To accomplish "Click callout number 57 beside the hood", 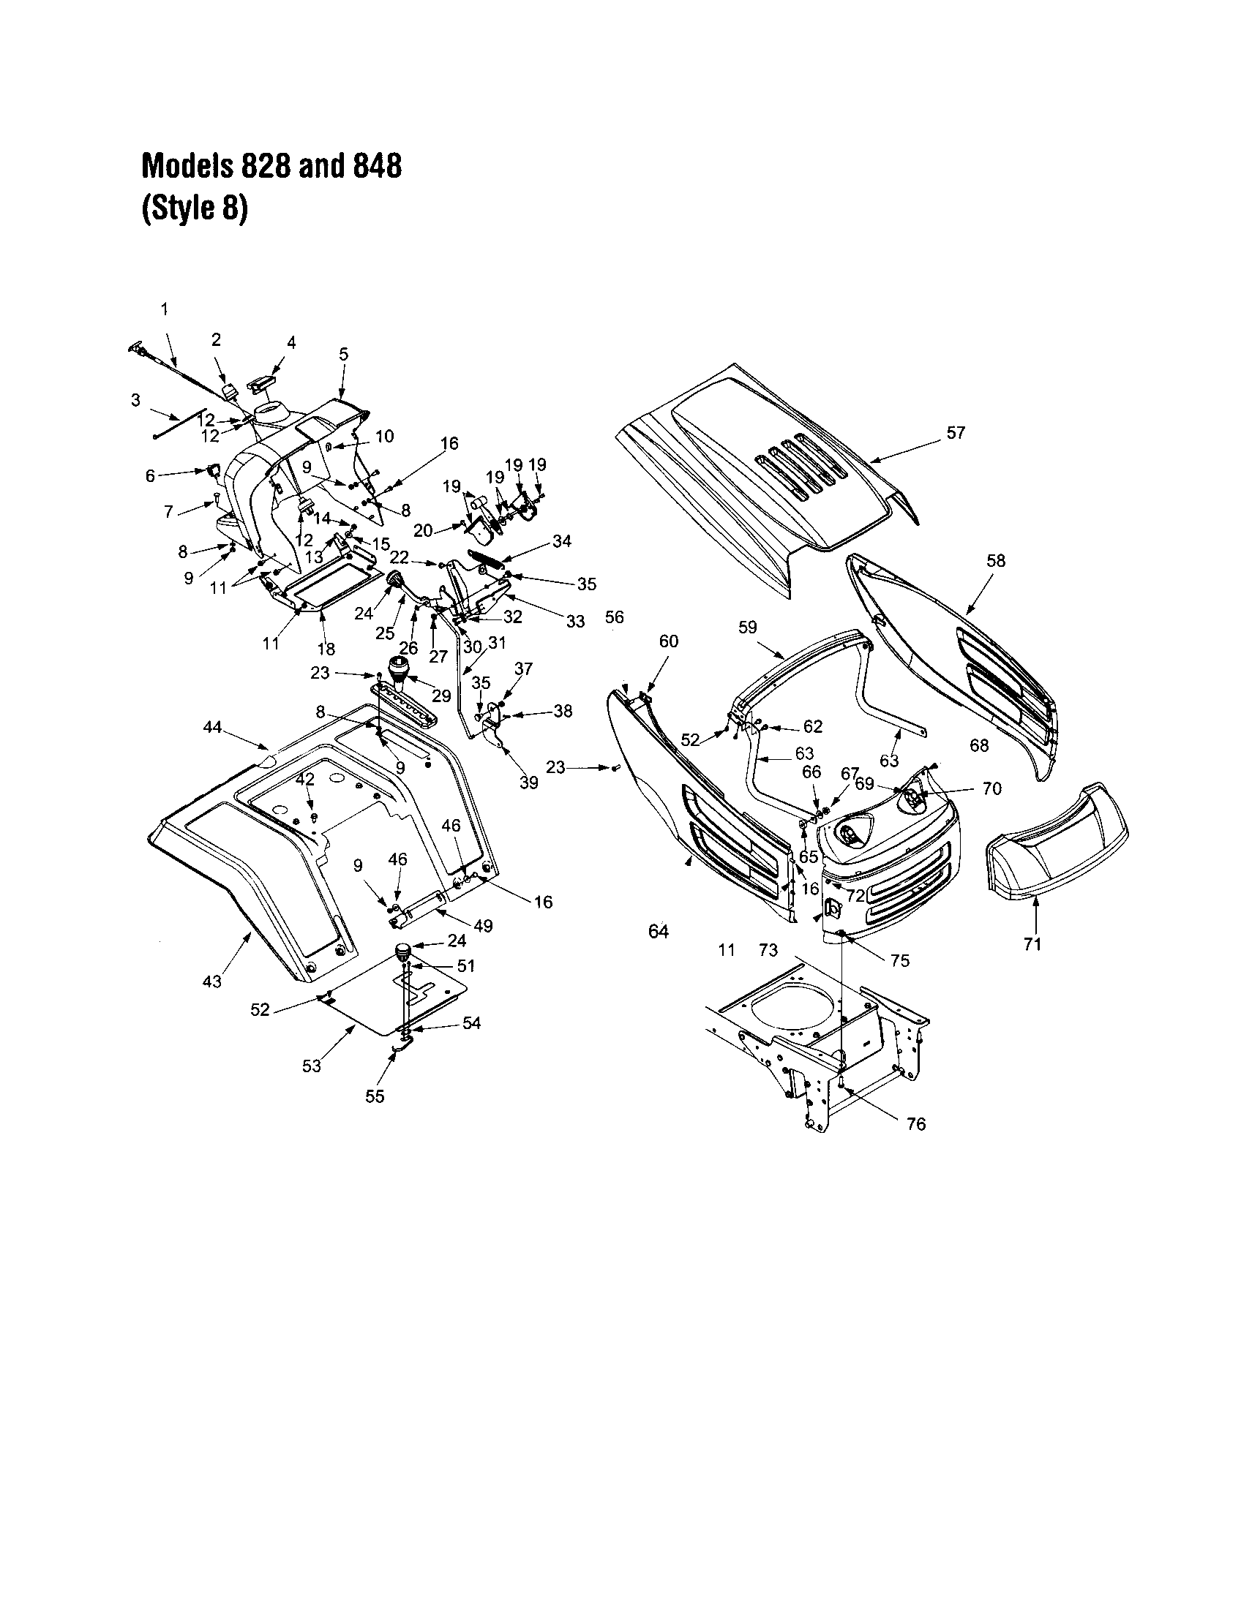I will (955, 433).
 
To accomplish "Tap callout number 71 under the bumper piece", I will (1032, 943).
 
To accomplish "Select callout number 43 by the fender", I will (211, 981).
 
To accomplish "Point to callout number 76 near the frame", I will (916, 1124).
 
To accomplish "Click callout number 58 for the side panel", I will (995, 561).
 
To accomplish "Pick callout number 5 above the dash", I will (343, 354).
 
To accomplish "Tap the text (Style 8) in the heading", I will (195, 210).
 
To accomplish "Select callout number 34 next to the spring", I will (561, 541).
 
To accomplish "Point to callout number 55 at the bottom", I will (375, 1096).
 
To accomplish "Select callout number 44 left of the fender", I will (212, 728).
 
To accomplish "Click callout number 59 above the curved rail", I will (747, 628).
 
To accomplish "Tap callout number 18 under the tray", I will (326, 649).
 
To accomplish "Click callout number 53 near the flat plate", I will (312, 1066).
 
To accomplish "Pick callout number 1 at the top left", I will (165, 308).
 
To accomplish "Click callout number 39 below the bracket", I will (529, 783).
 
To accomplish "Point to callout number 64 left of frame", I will (658, 932).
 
